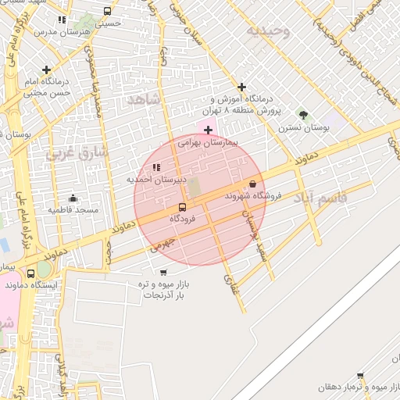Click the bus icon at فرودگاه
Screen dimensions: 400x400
(182, 207)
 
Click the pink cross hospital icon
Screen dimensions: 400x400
(207, 129)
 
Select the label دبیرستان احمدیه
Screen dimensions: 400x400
(157, 180)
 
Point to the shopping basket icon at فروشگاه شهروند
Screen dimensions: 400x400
(252, 184)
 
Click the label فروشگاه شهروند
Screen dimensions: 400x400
(252, 195)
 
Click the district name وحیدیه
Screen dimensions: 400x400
(268, 31)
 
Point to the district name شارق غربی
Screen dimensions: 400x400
(75, 150)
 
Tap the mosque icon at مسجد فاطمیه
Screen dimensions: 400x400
(73, 198)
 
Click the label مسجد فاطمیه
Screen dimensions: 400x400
(73, 210)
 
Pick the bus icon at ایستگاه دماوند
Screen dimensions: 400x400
(30, 274)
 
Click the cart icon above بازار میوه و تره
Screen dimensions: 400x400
(162, 273)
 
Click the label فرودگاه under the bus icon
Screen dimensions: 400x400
(182, 219)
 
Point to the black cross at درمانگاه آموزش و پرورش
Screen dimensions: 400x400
(241, 87)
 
